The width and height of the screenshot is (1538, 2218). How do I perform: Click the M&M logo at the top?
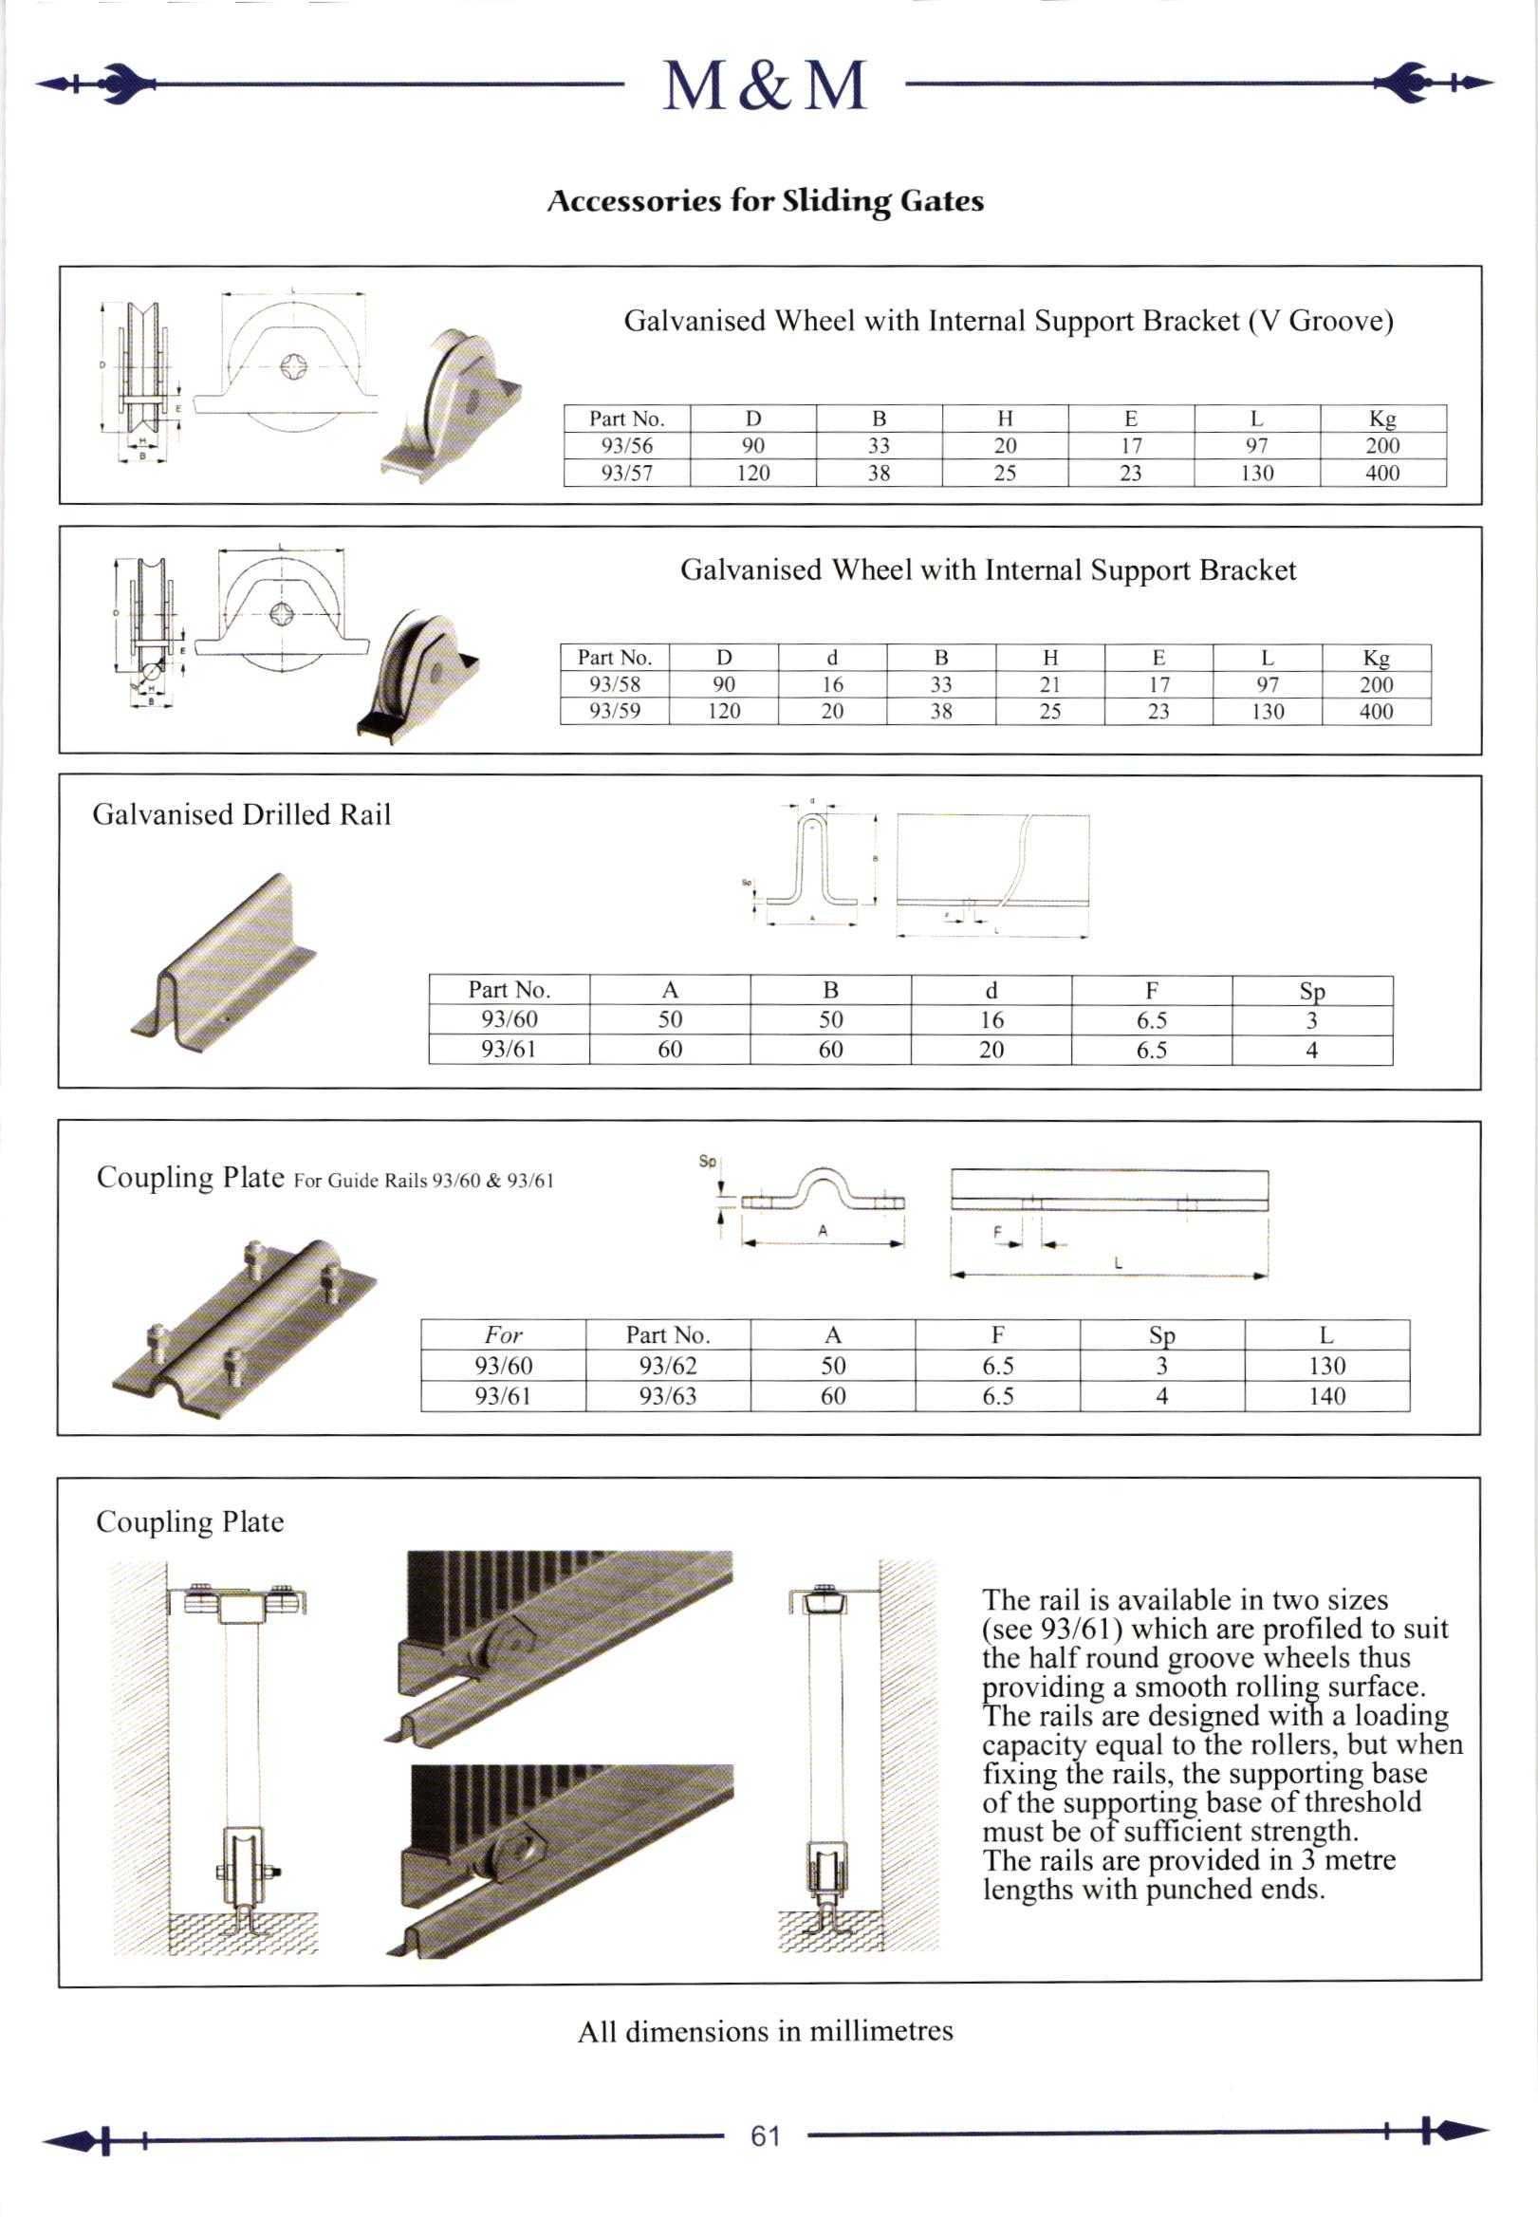coord(764,85)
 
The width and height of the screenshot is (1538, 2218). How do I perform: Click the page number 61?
coord(765,2136)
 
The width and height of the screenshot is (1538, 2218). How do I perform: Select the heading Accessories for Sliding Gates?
coord(765,200)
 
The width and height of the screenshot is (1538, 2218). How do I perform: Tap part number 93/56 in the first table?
coord(626,445)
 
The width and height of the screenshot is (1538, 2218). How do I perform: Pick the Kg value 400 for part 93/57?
coord(1381,474)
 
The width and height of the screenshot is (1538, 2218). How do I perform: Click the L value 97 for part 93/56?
coord(1255,445)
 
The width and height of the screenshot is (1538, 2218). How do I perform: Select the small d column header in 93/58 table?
coord(832,658)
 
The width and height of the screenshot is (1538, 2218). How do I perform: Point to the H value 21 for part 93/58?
coord(1049,684)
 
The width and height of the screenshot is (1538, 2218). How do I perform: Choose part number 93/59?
coord(614,712)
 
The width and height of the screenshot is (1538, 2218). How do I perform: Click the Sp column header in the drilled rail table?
coord(1311,991)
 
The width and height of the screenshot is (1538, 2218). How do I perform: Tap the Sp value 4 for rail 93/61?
coord(1311,1050)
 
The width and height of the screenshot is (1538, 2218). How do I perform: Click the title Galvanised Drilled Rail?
coord(242,814)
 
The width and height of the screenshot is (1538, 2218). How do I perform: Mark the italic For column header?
coord(503,1335)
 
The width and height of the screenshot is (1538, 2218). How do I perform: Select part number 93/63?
coord(667,1396)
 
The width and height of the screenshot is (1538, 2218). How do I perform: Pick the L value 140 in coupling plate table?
coord(1326,1396)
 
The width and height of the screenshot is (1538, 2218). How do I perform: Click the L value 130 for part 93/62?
coord(1326,1366)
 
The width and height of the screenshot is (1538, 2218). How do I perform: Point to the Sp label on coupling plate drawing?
coord(707,1162)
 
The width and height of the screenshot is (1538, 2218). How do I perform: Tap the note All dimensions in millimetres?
coord(765,2031)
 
